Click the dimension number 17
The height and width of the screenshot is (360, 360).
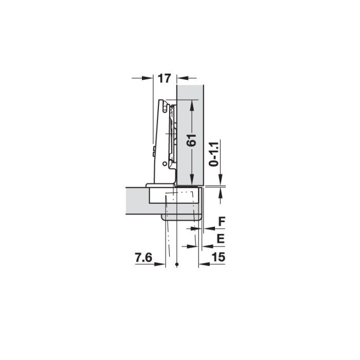tap(165, 78)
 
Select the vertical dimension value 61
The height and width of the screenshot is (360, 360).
tap(191, 140)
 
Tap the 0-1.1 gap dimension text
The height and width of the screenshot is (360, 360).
tap(214, 154)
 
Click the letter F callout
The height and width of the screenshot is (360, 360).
tap(222, 222)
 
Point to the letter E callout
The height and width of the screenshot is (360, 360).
tap(221, 239)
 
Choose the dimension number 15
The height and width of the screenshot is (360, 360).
tap(219, 257)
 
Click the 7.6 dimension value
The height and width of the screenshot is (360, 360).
tap(143, 257)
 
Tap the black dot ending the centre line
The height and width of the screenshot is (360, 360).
tap(177, 264)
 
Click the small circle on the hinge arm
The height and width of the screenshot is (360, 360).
tap(165, 164)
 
